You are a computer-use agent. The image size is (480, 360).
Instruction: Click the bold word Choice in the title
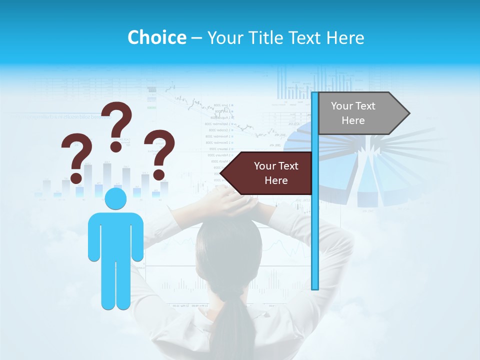point(156,37)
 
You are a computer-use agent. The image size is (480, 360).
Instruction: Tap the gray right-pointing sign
point(360,113)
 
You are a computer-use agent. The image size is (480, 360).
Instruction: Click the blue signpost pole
point(315,225)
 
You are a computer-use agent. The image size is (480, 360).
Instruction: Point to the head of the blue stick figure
point(116,198)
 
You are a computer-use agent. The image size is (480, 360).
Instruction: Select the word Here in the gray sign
point(353,120)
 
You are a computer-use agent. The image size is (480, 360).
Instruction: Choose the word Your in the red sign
point(264,166)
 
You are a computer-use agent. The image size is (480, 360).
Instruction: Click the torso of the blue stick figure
point(116,235)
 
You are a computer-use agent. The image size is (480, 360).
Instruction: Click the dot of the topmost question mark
point(116,146)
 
